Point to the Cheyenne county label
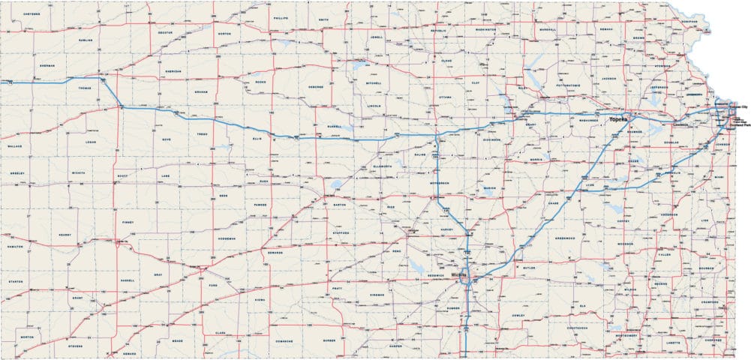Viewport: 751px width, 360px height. click(x=32, y=14)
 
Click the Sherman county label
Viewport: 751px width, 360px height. click(x=47, y=67)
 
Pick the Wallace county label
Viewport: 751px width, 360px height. click(x=17, y=145)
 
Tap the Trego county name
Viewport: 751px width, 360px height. click(x=201, y=133)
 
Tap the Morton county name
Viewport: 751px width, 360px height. click(x=28, y=337)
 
